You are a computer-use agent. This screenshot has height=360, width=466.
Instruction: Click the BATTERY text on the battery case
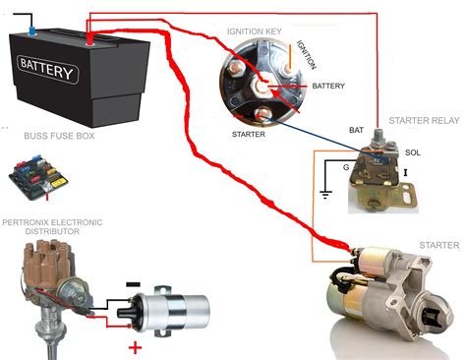47,69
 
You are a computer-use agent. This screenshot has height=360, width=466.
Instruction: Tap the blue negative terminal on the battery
32,31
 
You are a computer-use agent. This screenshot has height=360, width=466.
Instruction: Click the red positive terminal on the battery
88,41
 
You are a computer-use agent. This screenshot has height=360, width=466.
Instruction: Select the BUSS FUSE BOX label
59,136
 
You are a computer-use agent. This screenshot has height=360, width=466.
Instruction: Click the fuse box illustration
38,177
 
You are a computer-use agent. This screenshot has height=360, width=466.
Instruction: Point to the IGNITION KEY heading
255,31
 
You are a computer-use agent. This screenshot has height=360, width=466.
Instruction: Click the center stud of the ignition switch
262,87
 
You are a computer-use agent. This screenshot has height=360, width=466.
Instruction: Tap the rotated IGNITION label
307,55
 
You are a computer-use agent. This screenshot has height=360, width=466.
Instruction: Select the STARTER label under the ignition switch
249,135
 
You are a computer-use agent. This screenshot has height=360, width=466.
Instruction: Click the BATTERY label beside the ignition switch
328,86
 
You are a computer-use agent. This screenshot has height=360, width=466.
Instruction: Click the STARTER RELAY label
425,121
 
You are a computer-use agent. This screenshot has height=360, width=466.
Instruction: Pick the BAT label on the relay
356,130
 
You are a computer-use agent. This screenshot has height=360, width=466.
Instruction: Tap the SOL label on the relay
413,152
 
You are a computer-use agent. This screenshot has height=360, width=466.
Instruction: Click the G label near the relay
346,167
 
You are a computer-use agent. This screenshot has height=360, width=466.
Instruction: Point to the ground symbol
325,195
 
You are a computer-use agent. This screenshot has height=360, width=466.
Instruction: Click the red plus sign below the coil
135,347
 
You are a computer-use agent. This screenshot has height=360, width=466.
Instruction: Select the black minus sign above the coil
133,284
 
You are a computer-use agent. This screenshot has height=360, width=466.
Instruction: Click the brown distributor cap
48,263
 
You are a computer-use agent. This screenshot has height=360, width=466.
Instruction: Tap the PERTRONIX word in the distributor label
25,222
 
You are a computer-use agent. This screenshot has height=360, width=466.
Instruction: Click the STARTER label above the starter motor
439,245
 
